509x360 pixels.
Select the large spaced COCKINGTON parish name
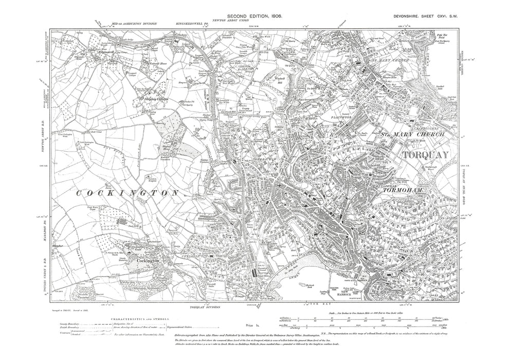point(128,193)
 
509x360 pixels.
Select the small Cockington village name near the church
point(151,261)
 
